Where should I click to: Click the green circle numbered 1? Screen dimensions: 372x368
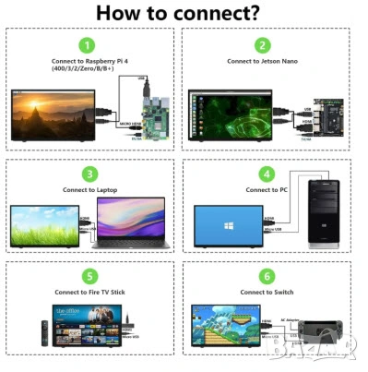click(x=86, y=44)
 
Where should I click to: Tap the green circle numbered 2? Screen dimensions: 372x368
click(x=263, y=44)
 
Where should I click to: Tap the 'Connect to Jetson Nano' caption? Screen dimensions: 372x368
click(x=263, y=62)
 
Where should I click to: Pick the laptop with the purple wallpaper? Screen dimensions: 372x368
click(x=129, y=229)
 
